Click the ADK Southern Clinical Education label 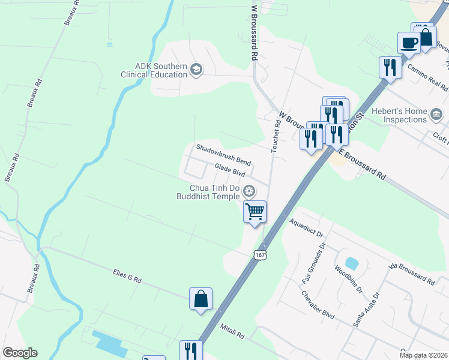coord(154,70)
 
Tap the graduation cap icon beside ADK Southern coord(196,70)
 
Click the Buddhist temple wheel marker coord(249,192)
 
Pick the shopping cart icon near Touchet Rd coord(255,211)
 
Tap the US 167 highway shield coord(260,255)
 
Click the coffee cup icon coord(408,43)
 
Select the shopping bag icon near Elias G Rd coord(200,298)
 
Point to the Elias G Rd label coord(127,277)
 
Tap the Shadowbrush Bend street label coord(223,155)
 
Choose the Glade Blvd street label coord(230,171)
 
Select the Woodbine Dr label coord(349,280)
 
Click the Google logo coord(20,353)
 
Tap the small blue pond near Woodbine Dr coord(352,263)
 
